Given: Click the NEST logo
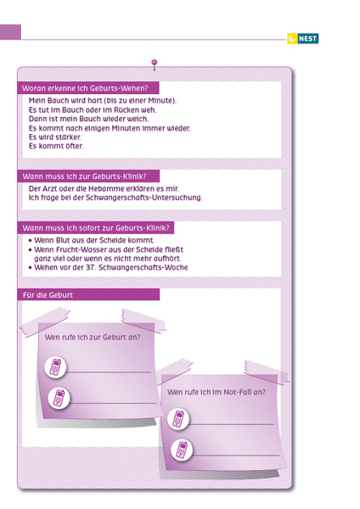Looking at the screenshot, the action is point(303,39).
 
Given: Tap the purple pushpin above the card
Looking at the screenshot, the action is point(155,64).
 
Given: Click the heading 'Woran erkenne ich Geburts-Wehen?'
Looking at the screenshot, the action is point(85,88).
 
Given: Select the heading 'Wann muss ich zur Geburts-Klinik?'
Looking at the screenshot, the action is point(84,176).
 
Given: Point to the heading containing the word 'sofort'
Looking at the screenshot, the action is point(96,228).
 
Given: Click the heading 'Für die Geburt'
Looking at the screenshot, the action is point(48,295).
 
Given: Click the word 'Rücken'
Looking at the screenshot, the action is point(123,109).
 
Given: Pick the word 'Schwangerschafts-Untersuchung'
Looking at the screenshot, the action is point(143,198).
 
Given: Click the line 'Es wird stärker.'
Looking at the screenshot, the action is point(55,137).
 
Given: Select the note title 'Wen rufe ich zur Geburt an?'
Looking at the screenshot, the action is point(93,338).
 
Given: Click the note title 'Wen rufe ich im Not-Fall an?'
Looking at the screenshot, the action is point(216,392).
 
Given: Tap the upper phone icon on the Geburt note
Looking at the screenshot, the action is point(55,367).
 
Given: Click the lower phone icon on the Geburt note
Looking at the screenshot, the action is point(59,398).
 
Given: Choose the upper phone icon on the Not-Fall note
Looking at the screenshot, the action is point(178,419).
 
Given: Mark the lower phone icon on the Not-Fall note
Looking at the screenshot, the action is point(182,450).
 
